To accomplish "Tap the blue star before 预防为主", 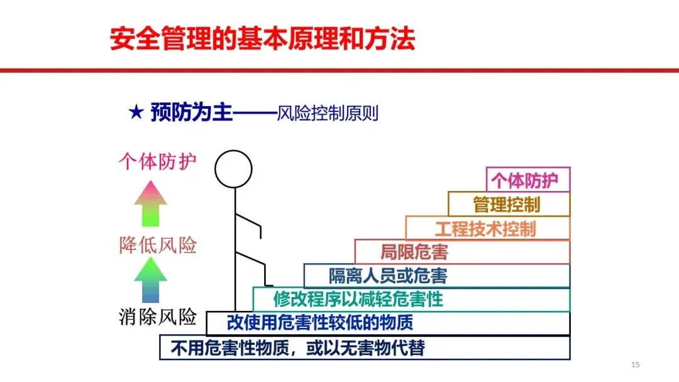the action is coord(136,113).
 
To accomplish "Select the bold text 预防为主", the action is coord(191,113).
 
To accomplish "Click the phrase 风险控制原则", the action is coord(327,114).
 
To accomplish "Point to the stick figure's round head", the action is coord(233,168).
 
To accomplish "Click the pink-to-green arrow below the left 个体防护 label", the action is coord(150,203).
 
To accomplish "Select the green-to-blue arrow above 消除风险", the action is coord(150,280).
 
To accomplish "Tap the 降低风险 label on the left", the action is coord(158,245).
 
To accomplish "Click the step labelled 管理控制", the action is coord(509,204).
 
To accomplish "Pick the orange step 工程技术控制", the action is coord(487,228).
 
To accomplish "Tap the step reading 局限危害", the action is coord(462,252).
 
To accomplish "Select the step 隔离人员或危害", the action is coord(437,275).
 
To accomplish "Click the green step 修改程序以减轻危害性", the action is coord(411,299).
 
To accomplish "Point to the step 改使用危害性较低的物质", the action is coord(388,323).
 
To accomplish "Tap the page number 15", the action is coord(634,365).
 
